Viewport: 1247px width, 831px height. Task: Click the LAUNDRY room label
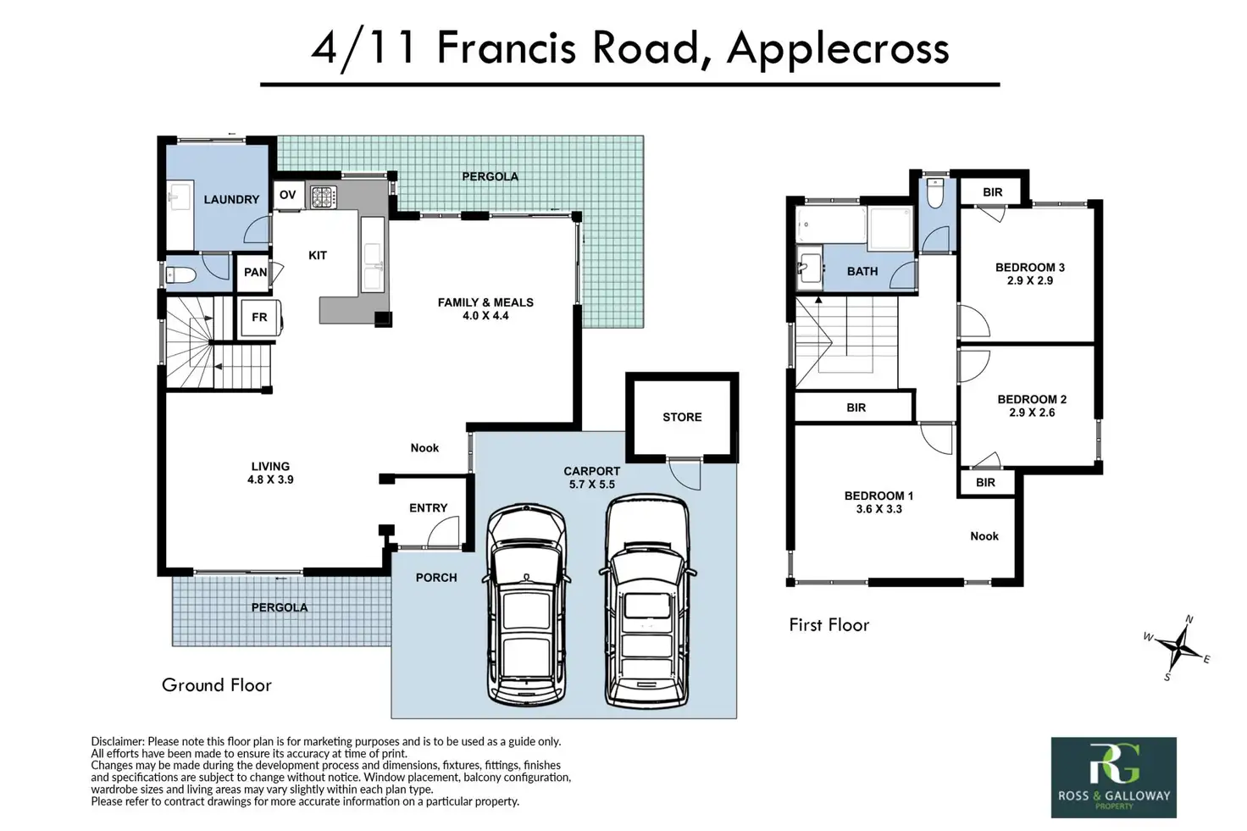point(231,199)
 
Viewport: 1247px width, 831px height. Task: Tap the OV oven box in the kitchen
point(288,195)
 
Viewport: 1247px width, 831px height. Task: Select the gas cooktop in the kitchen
point(324,197)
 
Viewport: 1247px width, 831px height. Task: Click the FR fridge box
point(259,318)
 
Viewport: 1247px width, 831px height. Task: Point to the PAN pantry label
point(255,272)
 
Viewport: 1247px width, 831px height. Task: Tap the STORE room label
point(682,417)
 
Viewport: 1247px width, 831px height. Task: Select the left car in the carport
point(526,606)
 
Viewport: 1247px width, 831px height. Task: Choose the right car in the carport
point(647,601)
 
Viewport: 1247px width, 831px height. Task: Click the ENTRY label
point(428,507)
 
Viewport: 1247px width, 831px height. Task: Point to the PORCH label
point(436,578)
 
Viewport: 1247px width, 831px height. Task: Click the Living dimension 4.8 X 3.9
point(270,479)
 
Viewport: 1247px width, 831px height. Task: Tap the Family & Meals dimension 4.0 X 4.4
point(485,316)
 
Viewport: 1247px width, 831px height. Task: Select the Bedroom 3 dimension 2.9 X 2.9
point(1030,280)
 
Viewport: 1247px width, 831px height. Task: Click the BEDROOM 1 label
point(878,496)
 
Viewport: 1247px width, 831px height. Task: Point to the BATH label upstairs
point(862,271)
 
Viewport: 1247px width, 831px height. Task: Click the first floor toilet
point(935,192)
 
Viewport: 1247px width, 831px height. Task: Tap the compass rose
point(1178,647)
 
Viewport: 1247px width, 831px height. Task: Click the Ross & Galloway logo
point(1113,778)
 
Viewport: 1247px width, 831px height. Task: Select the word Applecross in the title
point(838,50)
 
